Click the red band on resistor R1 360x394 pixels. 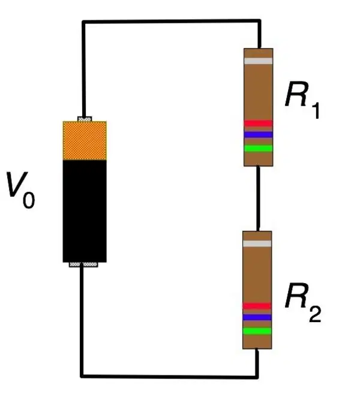[x=258, y=123]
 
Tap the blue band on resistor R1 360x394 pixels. [x=258, y=134]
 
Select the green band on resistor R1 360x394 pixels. [x=258, y=148]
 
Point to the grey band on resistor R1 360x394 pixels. [x=258, y=61]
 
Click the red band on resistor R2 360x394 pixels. [x=257, y=306]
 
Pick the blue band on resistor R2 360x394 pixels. [x=257, y=317]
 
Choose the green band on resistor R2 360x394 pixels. [x=257, y=331]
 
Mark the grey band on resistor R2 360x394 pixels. [x=257, y=243]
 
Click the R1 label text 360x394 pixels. [x=302, y=100]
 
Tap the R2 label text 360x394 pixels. [x=303, y=302]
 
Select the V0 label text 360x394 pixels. [x=20, y=190]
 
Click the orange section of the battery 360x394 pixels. [x=85, y=141]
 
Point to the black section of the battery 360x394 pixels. [x=85, y=211]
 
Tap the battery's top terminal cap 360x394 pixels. [x=85, y=119]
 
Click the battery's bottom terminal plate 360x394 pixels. [x=83, y=264]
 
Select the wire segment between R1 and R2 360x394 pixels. [x=258, y=198]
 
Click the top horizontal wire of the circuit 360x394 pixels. [x=172, y=22]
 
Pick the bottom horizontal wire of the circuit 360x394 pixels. [x=169, y=377]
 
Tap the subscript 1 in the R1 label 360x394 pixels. [x=316, y=110]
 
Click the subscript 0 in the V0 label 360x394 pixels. [x=29, y=200]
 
